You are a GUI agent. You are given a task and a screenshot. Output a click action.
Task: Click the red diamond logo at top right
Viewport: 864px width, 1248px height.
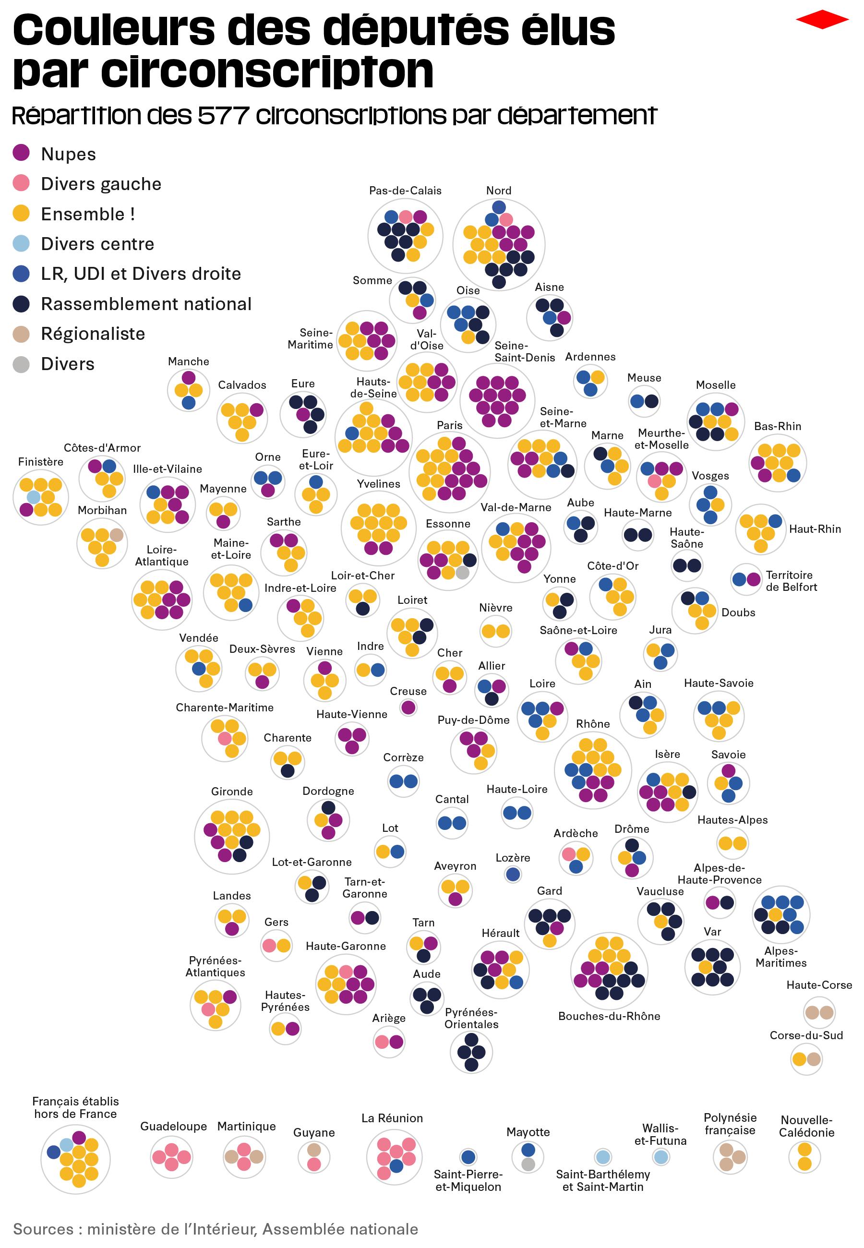[x=822, y=20]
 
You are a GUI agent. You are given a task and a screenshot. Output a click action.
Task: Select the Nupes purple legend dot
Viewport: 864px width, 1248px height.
[x=21, y=153]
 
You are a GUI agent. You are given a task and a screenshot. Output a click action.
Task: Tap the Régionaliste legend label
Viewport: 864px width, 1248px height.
[x=93, y=334]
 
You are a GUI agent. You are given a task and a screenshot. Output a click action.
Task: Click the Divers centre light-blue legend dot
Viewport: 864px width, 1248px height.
[x=21, y=243]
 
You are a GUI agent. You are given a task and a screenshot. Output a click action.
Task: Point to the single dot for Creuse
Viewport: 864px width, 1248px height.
[x=408, y=708]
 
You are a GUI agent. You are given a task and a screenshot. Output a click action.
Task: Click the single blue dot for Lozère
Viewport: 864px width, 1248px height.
[x=513, y=874]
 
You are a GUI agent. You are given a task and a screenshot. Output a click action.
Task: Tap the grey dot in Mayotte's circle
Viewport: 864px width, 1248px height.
[x=528, y=1164]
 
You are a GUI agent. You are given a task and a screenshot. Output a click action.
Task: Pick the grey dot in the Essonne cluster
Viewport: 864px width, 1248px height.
[x=462, y=573]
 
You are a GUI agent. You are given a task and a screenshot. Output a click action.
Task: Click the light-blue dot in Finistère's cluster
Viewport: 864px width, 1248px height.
[x=34, y=497]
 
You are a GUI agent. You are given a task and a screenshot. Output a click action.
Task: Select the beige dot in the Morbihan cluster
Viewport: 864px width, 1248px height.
[x=116, y=535]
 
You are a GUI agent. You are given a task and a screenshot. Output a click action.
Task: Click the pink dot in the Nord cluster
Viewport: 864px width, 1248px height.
[x=506, y=219]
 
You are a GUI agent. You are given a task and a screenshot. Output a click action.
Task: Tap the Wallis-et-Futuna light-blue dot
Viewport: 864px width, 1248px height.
[x=660, y=1157]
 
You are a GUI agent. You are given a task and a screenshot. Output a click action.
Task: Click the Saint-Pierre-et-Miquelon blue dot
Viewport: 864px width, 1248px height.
[x=468, y=1157]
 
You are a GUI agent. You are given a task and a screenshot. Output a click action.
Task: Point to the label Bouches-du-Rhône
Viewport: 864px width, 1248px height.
[x=609, y=1016]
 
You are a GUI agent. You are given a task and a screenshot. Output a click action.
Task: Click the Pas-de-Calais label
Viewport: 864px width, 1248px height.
[x=405, y=191]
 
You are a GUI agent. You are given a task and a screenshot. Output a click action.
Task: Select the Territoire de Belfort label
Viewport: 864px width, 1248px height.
[x=791, y=581]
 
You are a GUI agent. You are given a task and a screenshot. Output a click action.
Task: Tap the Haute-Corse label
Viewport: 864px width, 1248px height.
[x=819, y=985]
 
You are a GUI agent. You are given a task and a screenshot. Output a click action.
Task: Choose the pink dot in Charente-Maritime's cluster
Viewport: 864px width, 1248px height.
[x=225, y=738]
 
